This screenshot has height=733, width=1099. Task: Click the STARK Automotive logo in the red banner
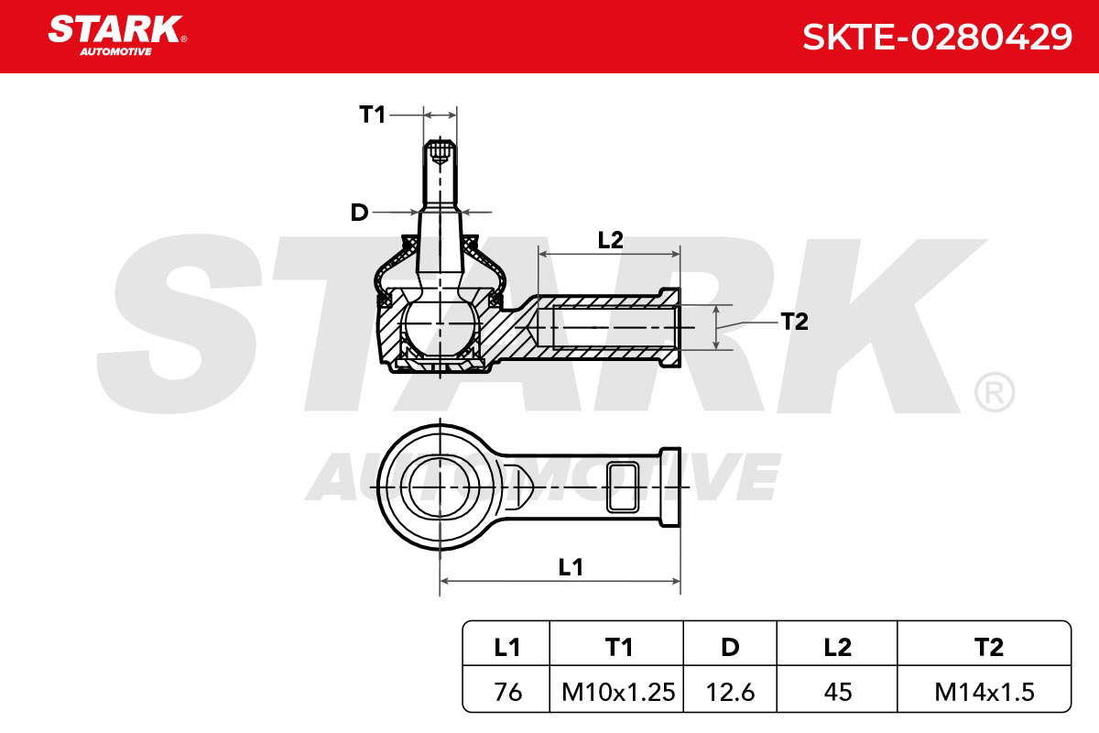(117, 36)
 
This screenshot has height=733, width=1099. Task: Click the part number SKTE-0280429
(937, 37)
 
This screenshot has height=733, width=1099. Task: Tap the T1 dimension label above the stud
(373, 115)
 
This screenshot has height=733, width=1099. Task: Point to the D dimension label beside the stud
(359, 213)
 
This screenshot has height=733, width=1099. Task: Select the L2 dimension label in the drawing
(610, 240)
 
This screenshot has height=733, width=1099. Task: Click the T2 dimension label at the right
(794, 322)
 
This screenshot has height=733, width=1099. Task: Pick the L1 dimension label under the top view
(571, 567)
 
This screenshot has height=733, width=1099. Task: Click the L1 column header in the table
(506, 648)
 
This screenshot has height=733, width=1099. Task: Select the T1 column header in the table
(619, 648)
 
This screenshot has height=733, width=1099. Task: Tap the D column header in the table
(730, 648)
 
